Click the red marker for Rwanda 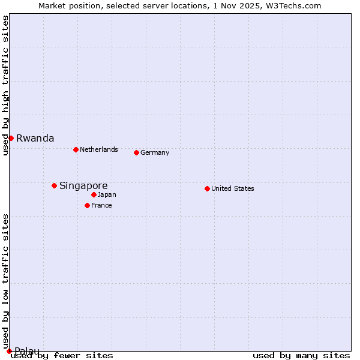coord(11,138)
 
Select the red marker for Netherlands coord(76,149)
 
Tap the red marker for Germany coord(136,152)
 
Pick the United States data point coord(207,188)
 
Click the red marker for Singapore coord(54,185)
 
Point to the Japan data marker coord(94,194)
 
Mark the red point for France coord(87,205)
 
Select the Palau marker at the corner coord(9,351)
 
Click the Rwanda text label coord(35,138)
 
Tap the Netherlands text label coord(98,149)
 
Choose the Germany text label coord(155,152)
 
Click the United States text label coord(232,188)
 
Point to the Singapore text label coord(83,185)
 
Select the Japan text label coord(107,194)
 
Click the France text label coord(101,205)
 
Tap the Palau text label coord(27,351)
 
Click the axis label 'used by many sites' coord(301,356)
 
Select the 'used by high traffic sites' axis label coord(5,85)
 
